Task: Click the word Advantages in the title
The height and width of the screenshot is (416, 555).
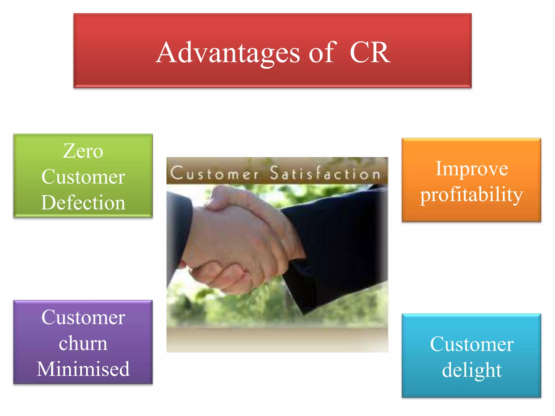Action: point(228,53)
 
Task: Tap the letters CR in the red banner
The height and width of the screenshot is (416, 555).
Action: point(370,53)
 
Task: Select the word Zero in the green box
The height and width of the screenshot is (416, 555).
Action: point(83,151)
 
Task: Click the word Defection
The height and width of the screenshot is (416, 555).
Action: point(83,203)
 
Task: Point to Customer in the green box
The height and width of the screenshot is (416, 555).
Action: point(83,177)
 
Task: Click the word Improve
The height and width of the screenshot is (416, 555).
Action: point(472,168)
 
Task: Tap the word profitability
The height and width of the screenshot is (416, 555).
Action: point(472,194)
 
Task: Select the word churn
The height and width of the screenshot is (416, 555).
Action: point(83,343)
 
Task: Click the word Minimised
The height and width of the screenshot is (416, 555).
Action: point(83,369)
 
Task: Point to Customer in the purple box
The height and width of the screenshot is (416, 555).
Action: point(83,317)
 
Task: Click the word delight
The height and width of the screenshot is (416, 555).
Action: point(472,370)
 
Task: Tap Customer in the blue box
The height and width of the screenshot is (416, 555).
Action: point(472,344)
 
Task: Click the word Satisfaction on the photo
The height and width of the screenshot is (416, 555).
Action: point(325,173)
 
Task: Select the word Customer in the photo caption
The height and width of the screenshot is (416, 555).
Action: point(214,173)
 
